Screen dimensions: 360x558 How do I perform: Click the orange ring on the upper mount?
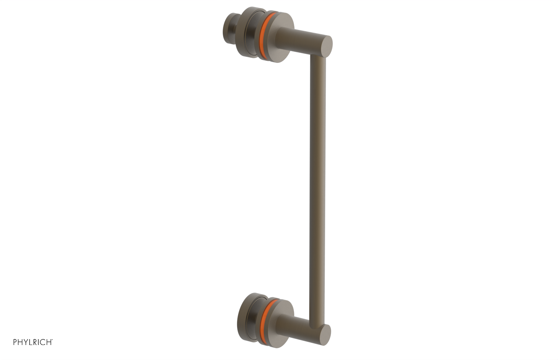coord(265,35)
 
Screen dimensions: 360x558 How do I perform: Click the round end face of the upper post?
coord(327,46)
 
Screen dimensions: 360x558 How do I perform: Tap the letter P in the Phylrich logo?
coord(15,342)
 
